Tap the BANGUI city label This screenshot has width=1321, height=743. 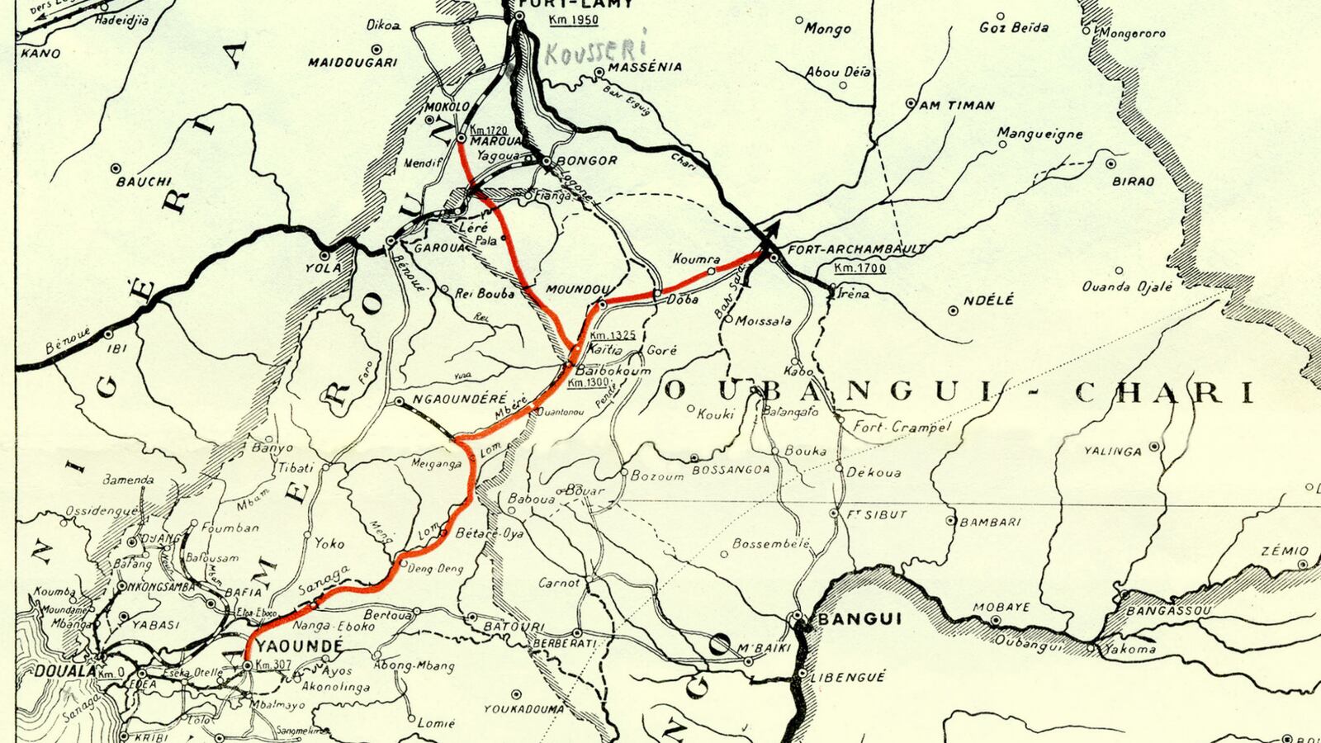pos(848,619)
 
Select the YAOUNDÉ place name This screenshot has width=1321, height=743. pos(289,646)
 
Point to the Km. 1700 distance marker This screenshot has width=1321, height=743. pos(859,268)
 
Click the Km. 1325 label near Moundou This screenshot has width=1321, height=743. pos(613,335)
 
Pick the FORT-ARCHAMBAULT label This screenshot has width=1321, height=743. pos(857,248)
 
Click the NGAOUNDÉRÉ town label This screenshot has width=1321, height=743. pos(459,399)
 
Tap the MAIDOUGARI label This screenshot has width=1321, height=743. pos(353,62)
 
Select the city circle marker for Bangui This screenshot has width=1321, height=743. pos(798,617)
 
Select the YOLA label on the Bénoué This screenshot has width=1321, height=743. pos(324,267)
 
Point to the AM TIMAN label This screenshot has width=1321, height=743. pos(957,105)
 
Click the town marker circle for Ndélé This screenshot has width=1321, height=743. pos(954,310)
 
